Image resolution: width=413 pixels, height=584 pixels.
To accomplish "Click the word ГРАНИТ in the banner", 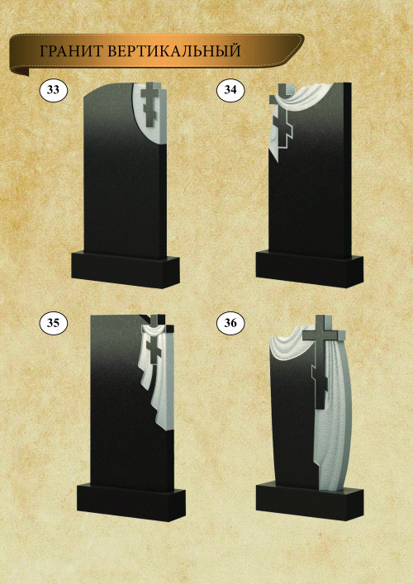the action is pyautogui.click(x=71, y=51).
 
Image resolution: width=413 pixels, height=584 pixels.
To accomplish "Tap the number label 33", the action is pyautogui.click(x=53, y=90).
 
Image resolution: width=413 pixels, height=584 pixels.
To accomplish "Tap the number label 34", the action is pyautogui.click(x=230, y=90).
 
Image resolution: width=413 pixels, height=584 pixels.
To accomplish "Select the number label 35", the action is pyautogui.click(x=53, y=323).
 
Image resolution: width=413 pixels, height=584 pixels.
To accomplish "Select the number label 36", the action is pyautogui.click(x=230, y=323).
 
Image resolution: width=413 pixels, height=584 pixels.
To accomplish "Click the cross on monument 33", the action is pyautogui.click(x=151, y=104).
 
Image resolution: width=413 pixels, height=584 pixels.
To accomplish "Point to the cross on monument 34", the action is pyautogui.click(x=283, y=119).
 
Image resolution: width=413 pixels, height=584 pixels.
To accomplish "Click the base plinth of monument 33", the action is pyautogui.click(x=126, y=270).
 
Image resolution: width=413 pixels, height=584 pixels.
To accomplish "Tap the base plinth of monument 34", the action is pyautogui.click(x=310, y=269).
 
